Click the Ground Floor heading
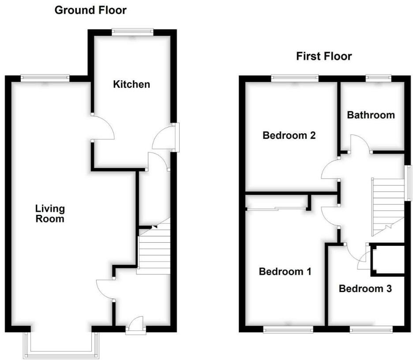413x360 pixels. click(x=90, y=10)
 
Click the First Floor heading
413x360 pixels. click(x=324, y=56)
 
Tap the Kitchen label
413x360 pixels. click(x=131, y=84)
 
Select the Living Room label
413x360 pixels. click(x=50, y=213)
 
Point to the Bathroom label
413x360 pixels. click(x=371, y=115)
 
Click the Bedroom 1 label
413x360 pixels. click(x=285, y=271)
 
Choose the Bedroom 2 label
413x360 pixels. click(x=289, y=135)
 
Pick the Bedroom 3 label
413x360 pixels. click(x=365, y=289)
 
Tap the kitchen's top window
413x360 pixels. click(x=132, y=31)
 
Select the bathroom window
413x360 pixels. click(x=378, y=79)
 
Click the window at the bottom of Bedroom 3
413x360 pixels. click(x=371, y=329)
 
